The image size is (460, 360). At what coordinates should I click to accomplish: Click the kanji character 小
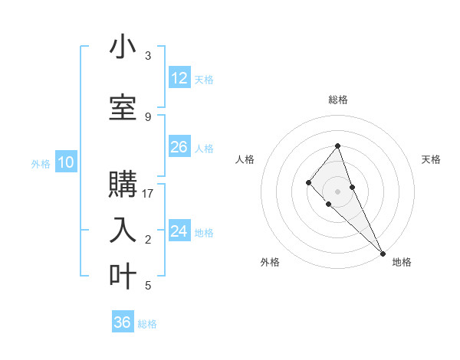(x=123, y=48)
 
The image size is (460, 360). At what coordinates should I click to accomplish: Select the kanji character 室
(x=123, y=108)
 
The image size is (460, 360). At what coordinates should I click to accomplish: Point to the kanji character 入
(x=123, y=230)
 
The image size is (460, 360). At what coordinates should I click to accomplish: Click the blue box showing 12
(x=179, y=78)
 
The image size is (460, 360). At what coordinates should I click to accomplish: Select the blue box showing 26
(x=179, y=147)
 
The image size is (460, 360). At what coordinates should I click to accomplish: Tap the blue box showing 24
(x=179, y=231)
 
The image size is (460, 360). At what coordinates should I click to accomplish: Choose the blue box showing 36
(x=123, y=322)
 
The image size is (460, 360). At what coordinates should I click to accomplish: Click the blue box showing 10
(x=66, y=162)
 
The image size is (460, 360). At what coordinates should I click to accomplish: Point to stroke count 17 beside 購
(x=148, y=194)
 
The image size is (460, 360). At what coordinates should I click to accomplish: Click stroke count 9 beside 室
(x=148, y=116)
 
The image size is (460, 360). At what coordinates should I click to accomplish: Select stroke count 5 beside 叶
(x=148, y=286)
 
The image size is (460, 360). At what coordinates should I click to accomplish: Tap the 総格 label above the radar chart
(x=338, y=100)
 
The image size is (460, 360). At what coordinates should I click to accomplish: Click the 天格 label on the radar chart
(x=431, y=159)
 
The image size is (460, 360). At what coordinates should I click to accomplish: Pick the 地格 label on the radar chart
(x=402, y=262)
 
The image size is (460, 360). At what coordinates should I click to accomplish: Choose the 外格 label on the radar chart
(x=270, y=262)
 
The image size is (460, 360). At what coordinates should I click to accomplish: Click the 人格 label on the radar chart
(x=245, y=159)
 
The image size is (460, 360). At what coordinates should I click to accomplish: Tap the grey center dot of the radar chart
(x=338, y=191)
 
